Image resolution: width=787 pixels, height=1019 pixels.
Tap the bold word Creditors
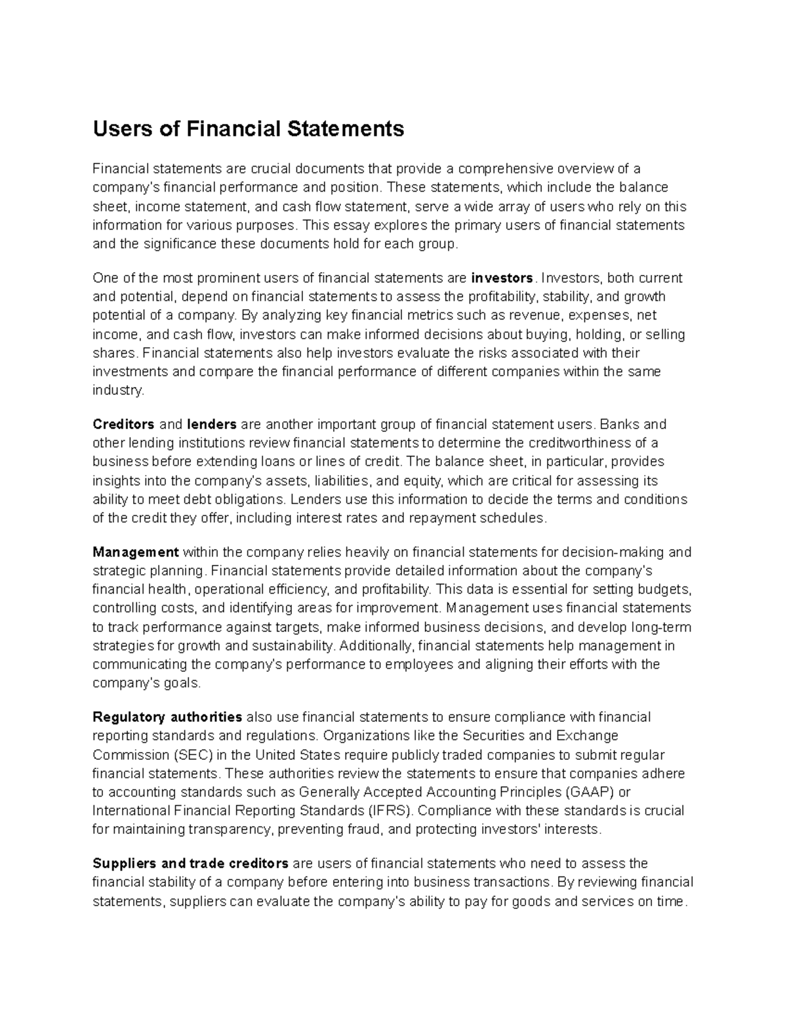[x=123, y=424]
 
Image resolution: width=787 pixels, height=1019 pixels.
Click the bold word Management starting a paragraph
[x=136, y=552]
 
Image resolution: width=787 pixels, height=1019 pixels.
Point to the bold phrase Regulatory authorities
[x=167, y=717]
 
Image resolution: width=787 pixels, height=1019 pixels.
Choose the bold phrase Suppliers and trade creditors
[x=190, y=863]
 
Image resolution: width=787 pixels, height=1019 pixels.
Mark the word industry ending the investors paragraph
[x=117, y=390]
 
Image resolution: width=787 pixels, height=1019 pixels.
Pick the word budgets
[x=665, y=589]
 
